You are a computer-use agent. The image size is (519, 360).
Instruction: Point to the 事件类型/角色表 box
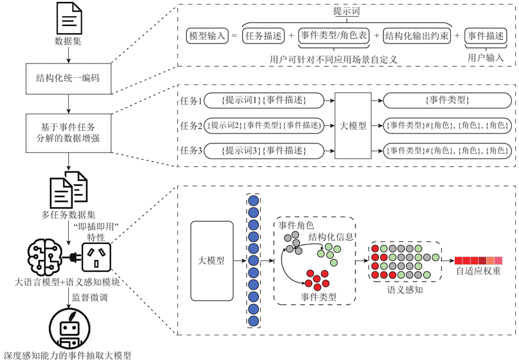click(x=333, y=36)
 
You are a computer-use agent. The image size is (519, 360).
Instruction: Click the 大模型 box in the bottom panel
click(x=211, y=260)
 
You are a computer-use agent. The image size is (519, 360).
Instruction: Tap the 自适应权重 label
click(x=478, y=272)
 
